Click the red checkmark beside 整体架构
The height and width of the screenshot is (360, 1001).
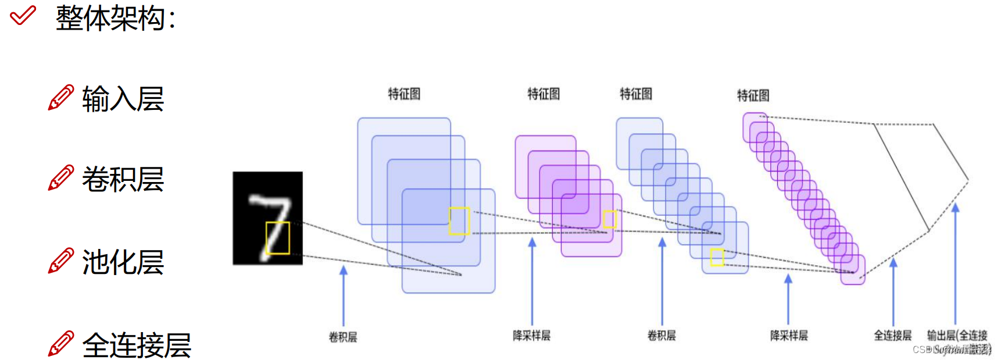[23, 15]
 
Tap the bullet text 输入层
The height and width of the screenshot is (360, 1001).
[123, 99]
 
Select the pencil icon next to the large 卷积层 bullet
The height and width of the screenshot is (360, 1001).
[60, 178]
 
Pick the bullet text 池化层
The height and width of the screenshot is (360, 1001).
[123, 262]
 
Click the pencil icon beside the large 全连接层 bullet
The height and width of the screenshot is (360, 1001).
[60, 344]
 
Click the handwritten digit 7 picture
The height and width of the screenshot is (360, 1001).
[267, 218]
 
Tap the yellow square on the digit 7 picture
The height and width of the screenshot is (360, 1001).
[277, 238]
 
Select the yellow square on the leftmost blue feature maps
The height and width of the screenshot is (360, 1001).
[459, 221]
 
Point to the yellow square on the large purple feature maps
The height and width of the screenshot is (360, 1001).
[610, 219]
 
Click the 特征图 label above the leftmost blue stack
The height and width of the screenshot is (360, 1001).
[404, 94]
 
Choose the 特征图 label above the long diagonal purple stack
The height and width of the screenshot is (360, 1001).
[753, 95]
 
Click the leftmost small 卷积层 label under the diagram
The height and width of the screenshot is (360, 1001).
[343, 337]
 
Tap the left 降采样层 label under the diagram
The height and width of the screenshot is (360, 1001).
[531, 336]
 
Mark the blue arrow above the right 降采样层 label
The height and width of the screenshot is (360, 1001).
[788, 299]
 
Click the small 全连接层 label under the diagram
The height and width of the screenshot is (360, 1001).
[892, 336]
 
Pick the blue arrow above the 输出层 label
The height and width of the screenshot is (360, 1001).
[955, 262]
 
